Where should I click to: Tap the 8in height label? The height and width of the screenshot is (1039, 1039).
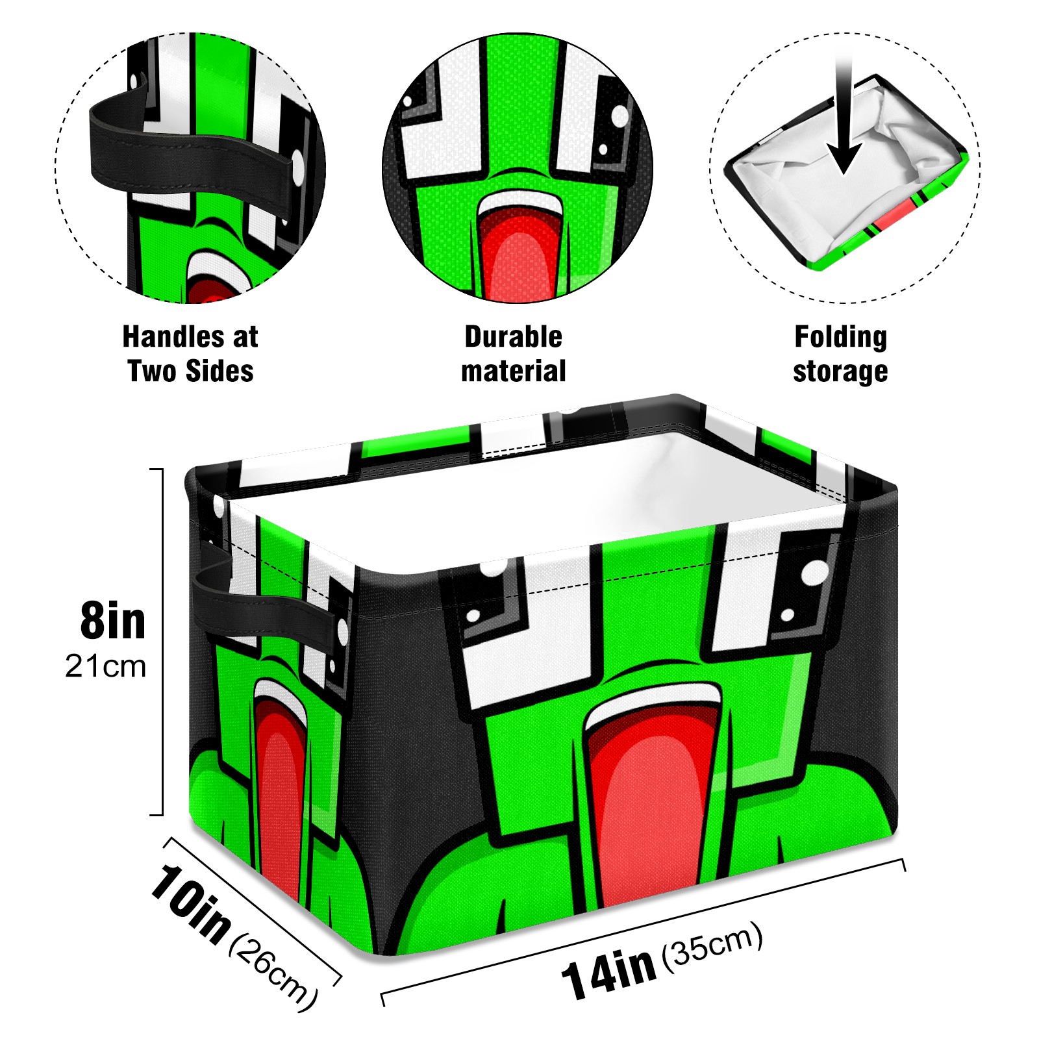click(x=113, y=621)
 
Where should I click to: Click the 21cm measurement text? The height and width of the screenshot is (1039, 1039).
click(x=106, y=666)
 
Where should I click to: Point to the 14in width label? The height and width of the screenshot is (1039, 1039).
click(x=609, y=972)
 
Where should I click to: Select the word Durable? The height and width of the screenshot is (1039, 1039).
click(x=514, y=336)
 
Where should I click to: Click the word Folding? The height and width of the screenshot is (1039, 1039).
click(x=841, y=338)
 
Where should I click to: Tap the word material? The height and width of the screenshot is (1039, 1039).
click(x=514, y=371)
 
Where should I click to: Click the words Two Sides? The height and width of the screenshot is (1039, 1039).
click(x=191, y=371)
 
